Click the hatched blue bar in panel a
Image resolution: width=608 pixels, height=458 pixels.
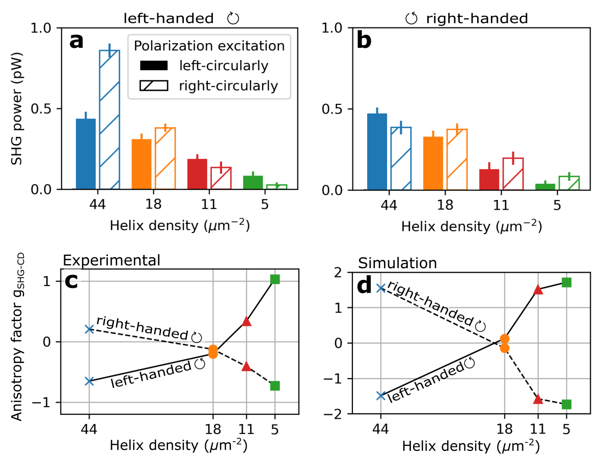click(x=109, y=120)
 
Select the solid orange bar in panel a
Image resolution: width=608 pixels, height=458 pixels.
click(x=142, y=164)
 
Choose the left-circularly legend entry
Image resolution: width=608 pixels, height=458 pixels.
click(x=204, y=66)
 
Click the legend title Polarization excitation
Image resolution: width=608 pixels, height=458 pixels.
click(x=209, y=46)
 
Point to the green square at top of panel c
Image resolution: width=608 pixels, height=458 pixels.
click(x=275, y=279)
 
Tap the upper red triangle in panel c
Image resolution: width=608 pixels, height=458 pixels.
click(x=246, y=321)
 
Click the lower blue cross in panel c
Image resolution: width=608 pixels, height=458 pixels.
click(x=90, y=381)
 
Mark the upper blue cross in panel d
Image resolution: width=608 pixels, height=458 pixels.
click(x=380, y=288)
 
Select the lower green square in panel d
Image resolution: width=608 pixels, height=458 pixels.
click(x=566, y=404)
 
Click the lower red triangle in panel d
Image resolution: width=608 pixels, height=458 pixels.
click(x=538, y=398)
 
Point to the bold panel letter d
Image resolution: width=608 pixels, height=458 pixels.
click(x=365, y=286)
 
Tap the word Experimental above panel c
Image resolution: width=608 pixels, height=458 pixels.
click(x=111, y=261)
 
